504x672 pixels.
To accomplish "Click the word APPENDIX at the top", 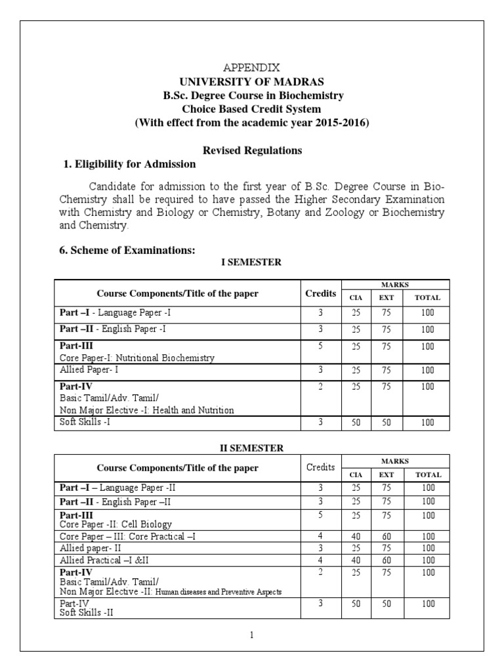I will tap(253, 68).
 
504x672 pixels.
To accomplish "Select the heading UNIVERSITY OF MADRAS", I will tap(253, 81).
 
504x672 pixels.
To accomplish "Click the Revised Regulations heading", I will tap(253, 150).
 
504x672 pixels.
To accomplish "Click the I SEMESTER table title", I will tap(252, 262).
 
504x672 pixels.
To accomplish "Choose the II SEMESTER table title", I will tap(252, 448).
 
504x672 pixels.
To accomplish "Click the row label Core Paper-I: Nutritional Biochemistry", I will tap(137, 358).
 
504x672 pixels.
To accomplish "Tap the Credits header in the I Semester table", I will tap(321, 293).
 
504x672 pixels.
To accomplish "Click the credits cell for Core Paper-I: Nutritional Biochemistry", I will tap(321, 346).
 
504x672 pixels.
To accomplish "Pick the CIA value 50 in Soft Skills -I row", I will tap(355, 423).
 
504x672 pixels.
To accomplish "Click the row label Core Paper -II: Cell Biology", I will tap(116, 524).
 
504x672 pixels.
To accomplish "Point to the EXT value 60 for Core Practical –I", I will tap(387, 536).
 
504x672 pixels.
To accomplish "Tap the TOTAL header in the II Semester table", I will tap(427, 474).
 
